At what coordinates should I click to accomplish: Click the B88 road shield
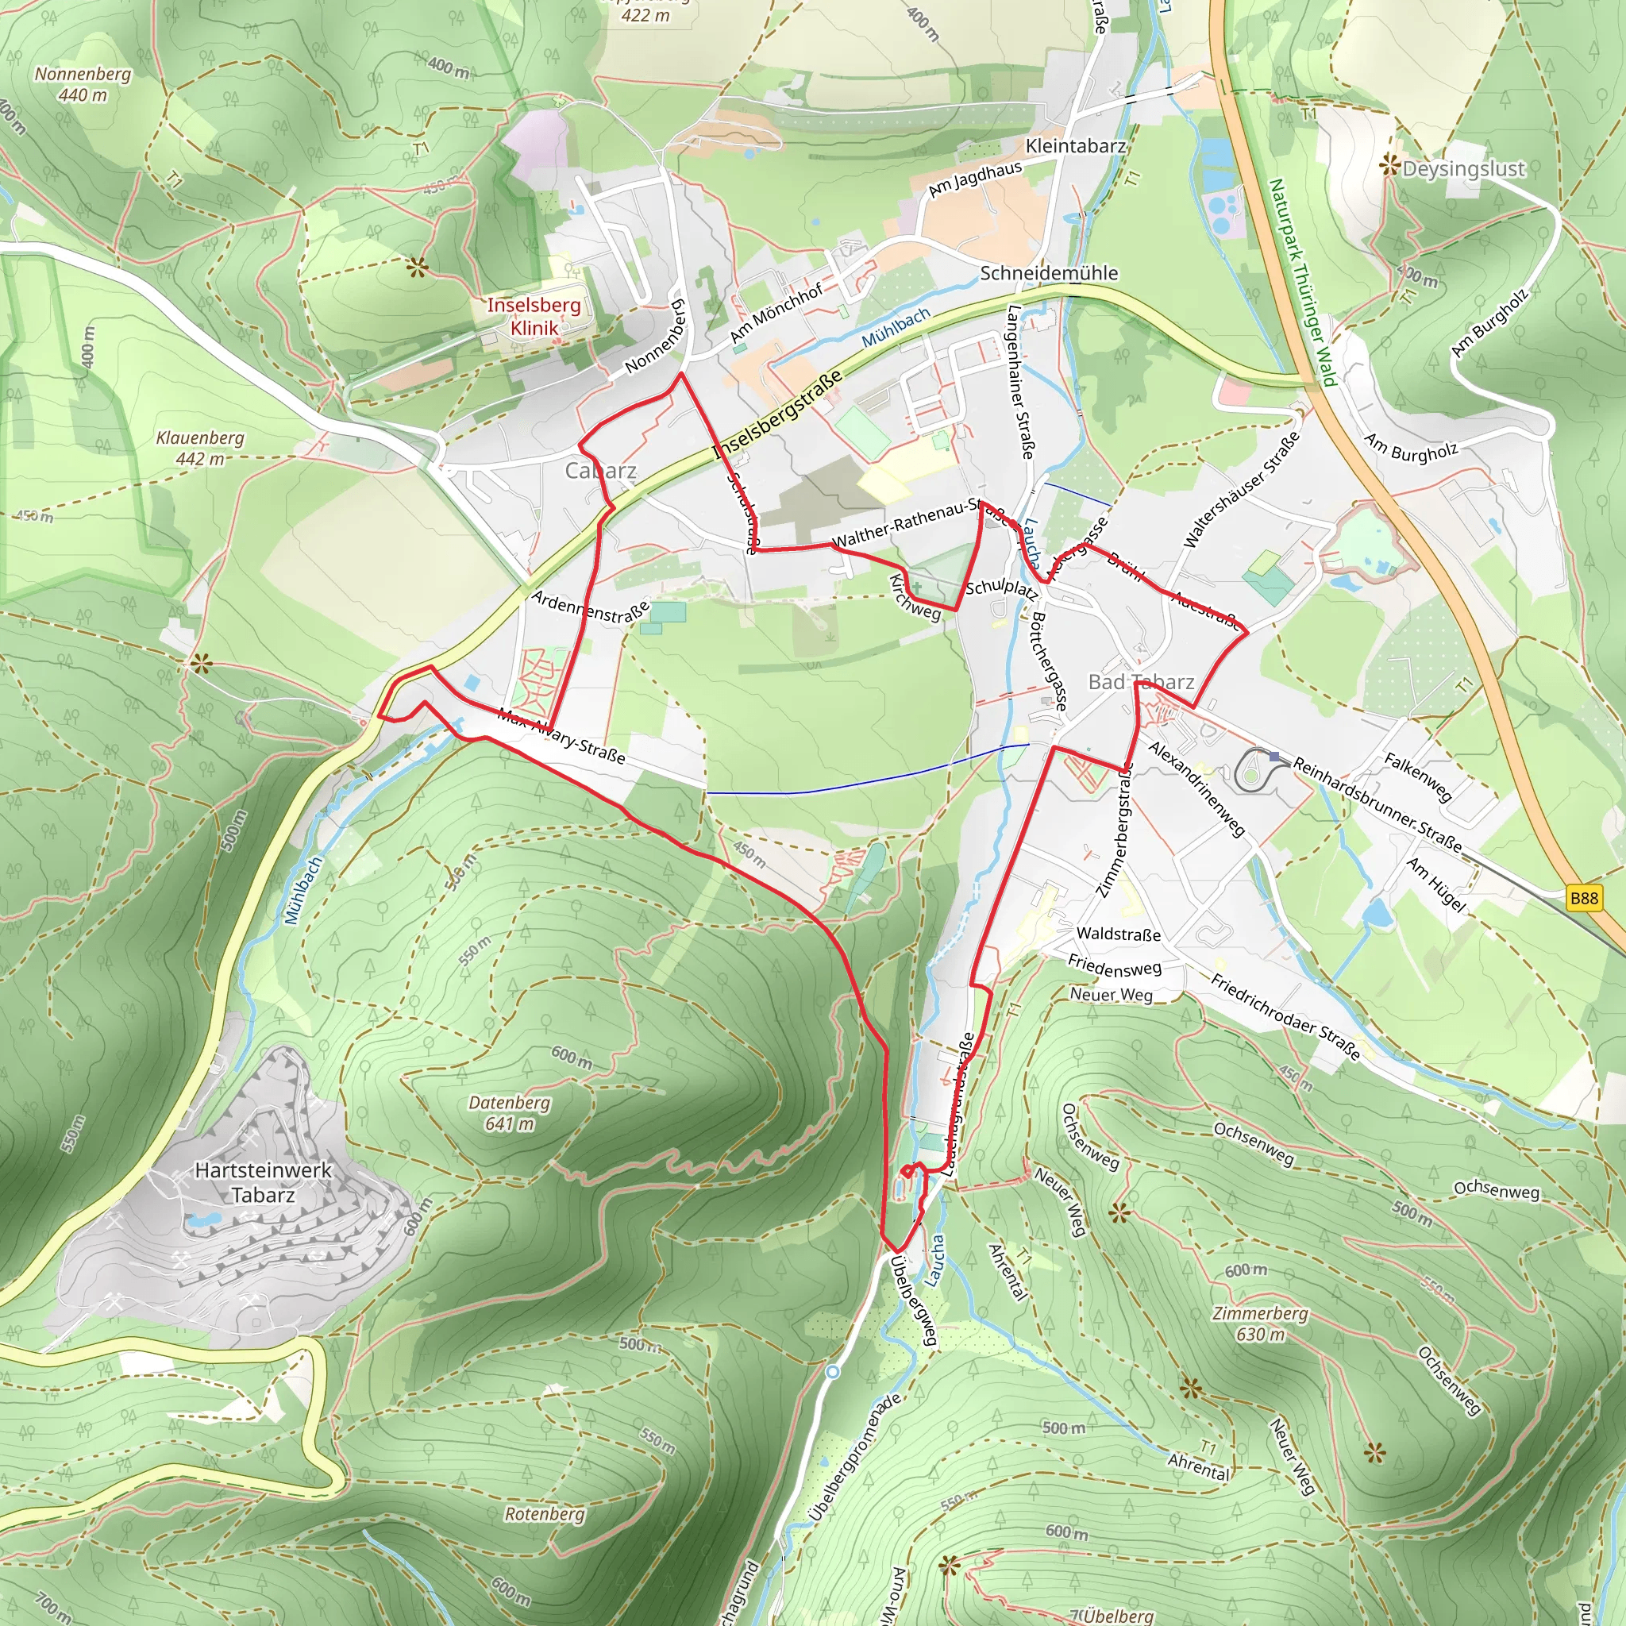click(1583, 898)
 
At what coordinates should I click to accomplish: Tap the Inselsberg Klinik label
click(534, 317)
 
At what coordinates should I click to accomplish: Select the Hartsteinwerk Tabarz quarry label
click(263, 1182)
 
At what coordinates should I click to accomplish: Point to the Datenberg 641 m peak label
click(509, 1112)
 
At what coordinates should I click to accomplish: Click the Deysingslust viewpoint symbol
click(1389, 166)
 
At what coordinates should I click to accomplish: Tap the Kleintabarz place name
click(1075, 146)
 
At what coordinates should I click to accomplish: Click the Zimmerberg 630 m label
click(1260, 1323)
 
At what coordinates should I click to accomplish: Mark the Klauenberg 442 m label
click(200, 448)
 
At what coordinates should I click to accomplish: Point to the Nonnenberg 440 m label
click(83, 84)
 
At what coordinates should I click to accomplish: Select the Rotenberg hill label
click(545, 1513)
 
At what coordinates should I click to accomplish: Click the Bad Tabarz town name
click(1140, 682)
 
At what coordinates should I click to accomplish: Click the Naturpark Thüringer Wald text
click(1303, 282)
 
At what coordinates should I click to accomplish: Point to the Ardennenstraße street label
click(591, 607)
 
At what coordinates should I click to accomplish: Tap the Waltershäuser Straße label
click(1241, 490)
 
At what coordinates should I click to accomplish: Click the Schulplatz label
click(1000, 588)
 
